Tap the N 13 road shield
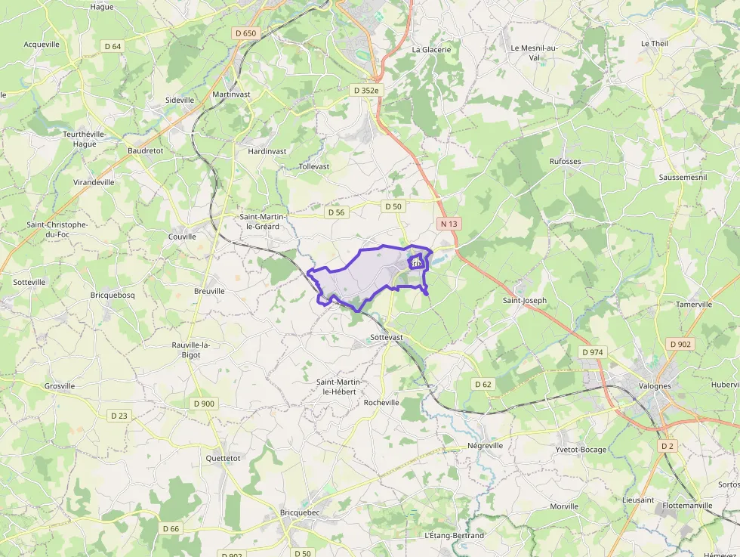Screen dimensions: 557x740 [x=449, y=224]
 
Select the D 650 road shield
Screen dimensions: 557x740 [x=246, y=33]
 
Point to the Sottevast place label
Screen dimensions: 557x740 [x=387, y=337]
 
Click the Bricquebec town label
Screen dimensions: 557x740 [x=300, y=512]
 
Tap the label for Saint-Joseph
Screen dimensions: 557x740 [x=525, y=300]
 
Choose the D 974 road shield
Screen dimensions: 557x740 [x=593, y=352]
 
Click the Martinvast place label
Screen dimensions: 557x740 [x=231, y=94]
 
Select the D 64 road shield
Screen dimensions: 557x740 [x=113, y=46]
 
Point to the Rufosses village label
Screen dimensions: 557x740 [x=565, y=162]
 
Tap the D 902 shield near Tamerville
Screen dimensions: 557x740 [x=680, y=344]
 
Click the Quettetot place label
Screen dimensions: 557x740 [x=223, y=458]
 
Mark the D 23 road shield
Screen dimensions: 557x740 [x=119, y=415]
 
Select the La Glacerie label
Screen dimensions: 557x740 [x=431, y=49]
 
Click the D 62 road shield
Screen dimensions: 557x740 [x=483, y=384]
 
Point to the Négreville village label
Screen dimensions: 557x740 [x=485, y=446]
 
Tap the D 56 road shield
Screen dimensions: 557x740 [x=337, y=212]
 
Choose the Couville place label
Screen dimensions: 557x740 [x=182, y=237]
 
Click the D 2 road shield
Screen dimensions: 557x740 [x=666, y=446]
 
